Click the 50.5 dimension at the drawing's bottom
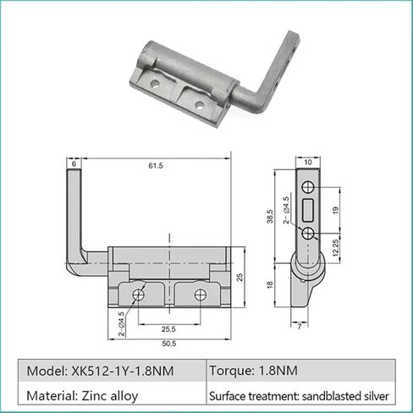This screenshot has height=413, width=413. click(x=168, y=343)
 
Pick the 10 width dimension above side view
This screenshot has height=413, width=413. click(x=307, y=161)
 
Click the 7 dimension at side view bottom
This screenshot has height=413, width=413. click(x=300, y=324)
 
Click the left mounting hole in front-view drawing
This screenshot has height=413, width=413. click(x=137, y=294)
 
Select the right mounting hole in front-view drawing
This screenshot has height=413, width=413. click(x=200, y=294)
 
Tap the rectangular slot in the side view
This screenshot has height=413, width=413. click(x=308, y=208)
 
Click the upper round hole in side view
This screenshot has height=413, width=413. click(x=308, y=184)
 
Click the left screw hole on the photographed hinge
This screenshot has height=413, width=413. click(x=157, y=85)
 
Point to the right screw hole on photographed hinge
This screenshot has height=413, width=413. click(x=201, y=106)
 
